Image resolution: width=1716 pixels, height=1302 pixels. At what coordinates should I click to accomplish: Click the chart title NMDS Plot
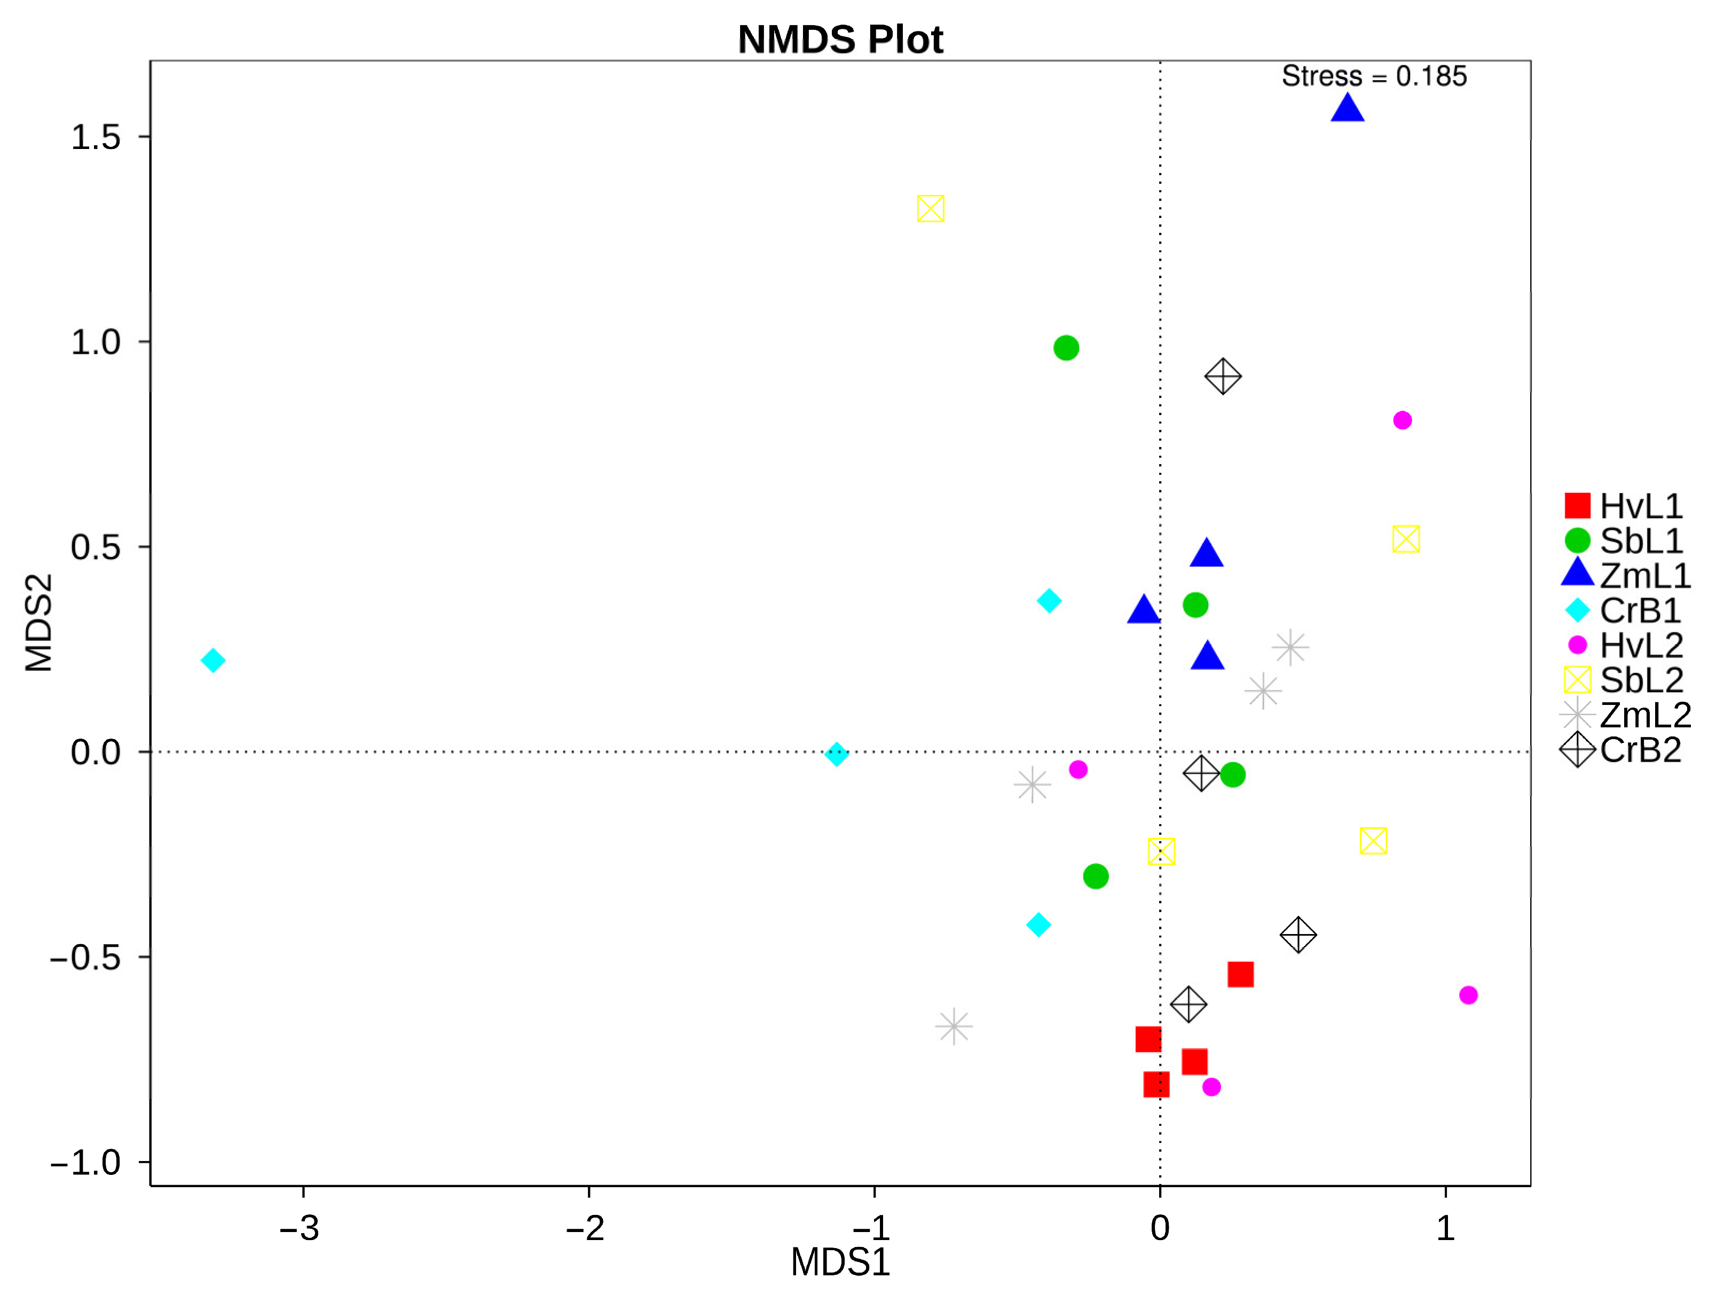[840, 40]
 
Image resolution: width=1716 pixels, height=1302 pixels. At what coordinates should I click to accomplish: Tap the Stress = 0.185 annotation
[1373, 76]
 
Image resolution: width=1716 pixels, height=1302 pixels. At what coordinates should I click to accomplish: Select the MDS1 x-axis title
[840, 1262]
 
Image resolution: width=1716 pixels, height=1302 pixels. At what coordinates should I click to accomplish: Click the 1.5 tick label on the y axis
[96, 137]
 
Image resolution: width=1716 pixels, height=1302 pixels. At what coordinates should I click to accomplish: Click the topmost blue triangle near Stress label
[1348, 108]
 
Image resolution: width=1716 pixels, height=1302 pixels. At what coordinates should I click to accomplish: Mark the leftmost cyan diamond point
[212, 660]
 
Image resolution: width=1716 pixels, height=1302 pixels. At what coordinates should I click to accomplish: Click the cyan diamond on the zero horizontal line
[836, 754]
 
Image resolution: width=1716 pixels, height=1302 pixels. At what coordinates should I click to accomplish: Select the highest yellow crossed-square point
[930, 209]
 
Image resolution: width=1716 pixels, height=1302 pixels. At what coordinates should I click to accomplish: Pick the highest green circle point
[1066, 348]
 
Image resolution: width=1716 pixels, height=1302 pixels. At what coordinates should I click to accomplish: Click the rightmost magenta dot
[1468, 995]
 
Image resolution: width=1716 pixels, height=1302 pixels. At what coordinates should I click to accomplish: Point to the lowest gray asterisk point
[954, 1026]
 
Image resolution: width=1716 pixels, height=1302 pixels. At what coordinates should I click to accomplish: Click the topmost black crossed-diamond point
[1223, 377]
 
